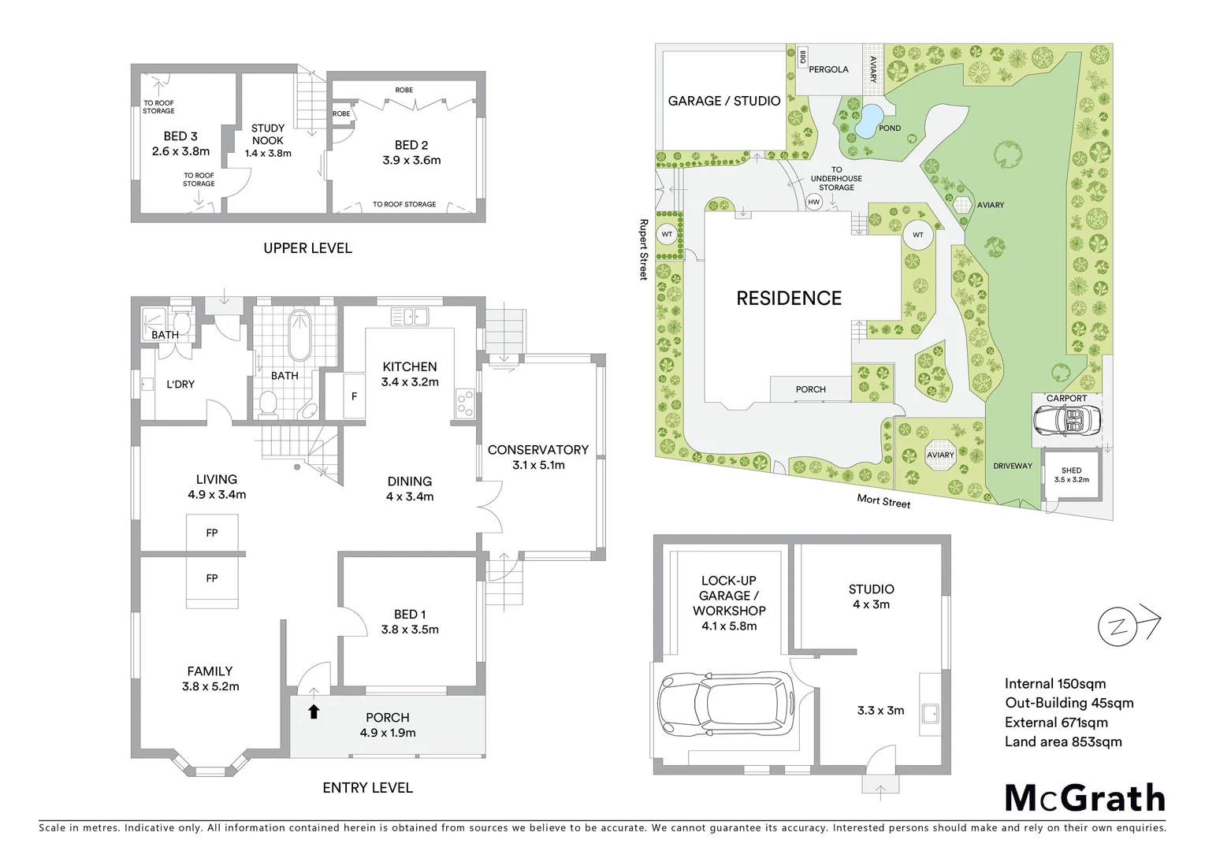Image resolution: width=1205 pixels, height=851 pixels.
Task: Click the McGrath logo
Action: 1084,798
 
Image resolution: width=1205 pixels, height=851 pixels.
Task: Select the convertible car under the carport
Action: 1066,422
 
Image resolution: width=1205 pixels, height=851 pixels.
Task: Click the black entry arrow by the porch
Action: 314,712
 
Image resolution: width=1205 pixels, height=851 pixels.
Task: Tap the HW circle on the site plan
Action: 814,203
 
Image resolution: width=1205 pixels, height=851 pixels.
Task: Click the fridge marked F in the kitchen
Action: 354,396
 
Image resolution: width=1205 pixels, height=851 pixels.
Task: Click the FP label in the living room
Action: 211,533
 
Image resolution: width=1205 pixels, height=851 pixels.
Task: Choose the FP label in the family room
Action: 211,578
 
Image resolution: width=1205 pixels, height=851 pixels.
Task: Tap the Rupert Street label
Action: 643,249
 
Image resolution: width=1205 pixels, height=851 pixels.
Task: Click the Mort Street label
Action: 883,501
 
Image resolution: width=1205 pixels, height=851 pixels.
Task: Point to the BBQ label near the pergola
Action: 802,58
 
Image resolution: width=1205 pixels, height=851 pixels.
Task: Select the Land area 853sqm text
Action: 1063,741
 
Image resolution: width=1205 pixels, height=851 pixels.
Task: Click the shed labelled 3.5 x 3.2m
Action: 1071,474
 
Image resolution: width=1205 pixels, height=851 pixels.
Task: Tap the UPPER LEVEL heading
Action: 307,248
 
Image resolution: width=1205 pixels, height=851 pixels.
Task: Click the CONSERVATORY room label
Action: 537,450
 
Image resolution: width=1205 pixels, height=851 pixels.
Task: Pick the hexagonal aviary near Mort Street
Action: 939,455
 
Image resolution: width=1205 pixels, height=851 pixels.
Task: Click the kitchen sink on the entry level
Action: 409,318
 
